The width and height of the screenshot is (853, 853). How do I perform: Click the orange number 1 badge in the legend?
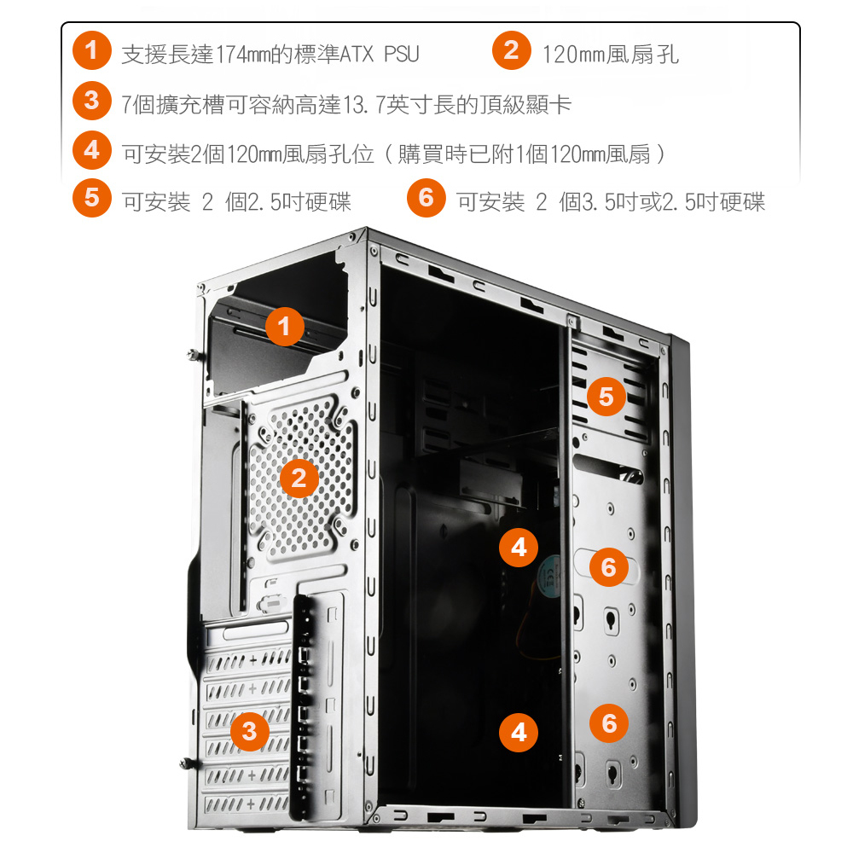click(x=92, y=50)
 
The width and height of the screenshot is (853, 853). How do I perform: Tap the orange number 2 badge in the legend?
click(x=511, y=50)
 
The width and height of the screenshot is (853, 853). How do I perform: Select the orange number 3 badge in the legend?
click(x=92, y=101)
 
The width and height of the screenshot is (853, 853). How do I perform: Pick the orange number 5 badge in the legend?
click(x=92, y=198)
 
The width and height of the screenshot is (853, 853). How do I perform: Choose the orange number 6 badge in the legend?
click(x=426, y=198)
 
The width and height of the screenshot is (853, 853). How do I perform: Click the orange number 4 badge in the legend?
click(x=92, y=150)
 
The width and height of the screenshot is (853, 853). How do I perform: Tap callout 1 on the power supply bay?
click(x=285, y=327)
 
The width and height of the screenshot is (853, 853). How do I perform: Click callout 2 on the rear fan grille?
click(x=299, y=479)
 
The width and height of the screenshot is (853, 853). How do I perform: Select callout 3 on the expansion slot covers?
click(x=250, y=732)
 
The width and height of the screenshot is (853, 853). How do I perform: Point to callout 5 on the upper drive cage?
click(x=606, y=397)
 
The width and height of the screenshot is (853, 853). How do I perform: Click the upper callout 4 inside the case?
click(x=519, y=548)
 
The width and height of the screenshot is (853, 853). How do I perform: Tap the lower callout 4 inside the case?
click(x=519, y=732)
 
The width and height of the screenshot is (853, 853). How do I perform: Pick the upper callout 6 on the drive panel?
click(x=609, y=567)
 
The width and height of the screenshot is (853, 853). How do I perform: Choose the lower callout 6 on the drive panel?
click(x=609, y=723)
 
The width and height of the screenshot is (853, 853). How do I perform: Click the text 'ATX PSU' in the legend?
click(x=380, y=55)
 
